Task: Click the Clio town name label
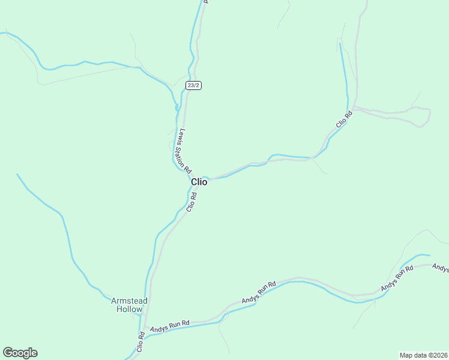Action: pyautogui.click(x=199, y=182)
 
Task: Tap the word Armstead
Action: pyautogui.click(x=129, y=301)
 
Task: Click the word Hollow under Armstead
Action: pyautogui.click(x=130, y=310)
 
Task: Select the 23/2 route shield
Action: pyautogui.click(x=193, y=85)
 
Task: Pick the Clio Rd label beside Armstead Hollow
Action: pyautogui.click(x=140, y=341)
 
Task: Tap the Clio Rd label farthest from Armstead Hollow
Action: pyautogui.click(x=342, y=119)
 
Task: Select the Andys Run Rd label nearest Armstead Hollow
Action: pyautogui.click(x=170, y=326)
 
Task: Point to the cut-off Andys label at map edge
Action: pyautogui.click(x=441, y=268)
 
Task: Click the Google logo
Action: pyautogui.click(x=20, y=353)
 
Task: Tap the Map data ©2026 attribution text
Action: pyautogui.click(x=424, y=355)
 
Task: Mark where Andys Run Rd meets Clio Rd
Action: pyautogui.click(x=145, y=327)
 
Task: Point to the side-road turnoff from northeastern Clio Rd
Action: pyautogui.click(x=354, y=107)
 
